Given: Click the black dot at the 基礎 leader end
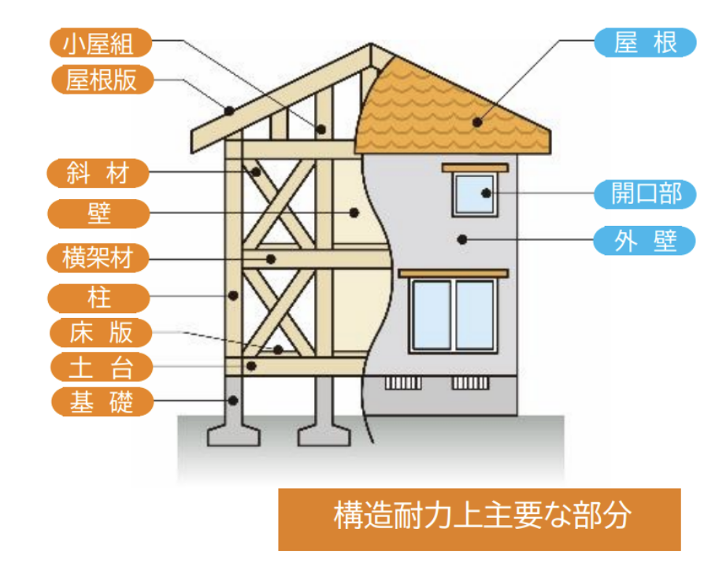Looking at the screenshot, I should (x=232, y=400).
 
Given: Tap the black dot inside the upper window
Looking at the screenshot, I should (x=486, y=193).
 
